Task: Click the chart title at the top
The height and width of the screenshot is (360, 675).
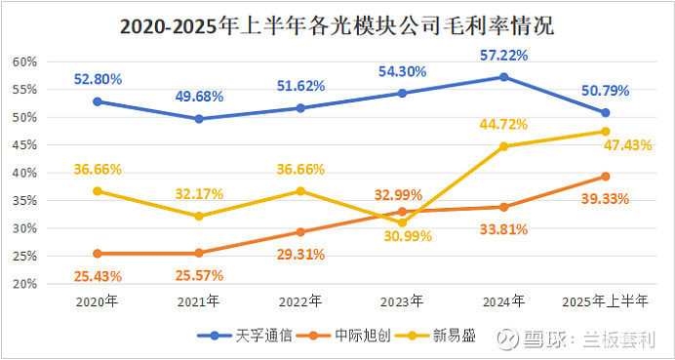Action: [337, 26]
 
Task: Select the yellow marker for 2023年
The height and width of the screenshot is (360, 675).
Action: [402, 222]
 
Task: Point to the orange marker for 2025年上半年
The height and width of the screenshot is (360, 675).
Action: [606, 177]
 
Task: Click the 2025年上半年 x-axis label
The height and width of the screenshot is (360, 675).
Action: [606, 302]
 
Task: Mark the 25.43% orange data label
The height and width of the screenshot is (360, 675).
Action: [98, 277]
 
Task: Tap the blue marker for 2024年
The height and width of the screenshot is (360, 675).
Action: [503, 77]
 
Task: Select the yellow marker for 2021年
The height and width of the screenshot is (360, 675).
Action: [199, 217]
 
